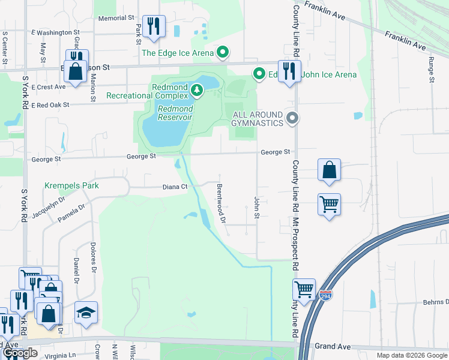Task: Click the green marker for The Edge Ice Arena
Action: coord(223,53)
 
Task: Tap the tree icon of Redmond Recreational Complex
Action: coord(196,91)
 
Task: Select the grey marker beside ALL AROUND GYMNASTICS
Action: coord(292,118)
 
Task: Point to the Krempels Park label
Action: coord(71,185)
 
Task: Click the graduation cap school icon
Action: coord(86,312)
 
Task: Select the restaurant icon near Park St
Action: coord(154,25)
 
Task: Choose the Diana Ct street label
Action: coord(175,187)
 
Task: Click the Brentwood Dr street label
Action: coord(221,203)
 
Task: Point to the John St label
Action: coord(256,207)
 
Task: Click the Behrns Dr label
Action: coord(427,304)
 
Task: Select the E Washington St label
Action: coord(55,32)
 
